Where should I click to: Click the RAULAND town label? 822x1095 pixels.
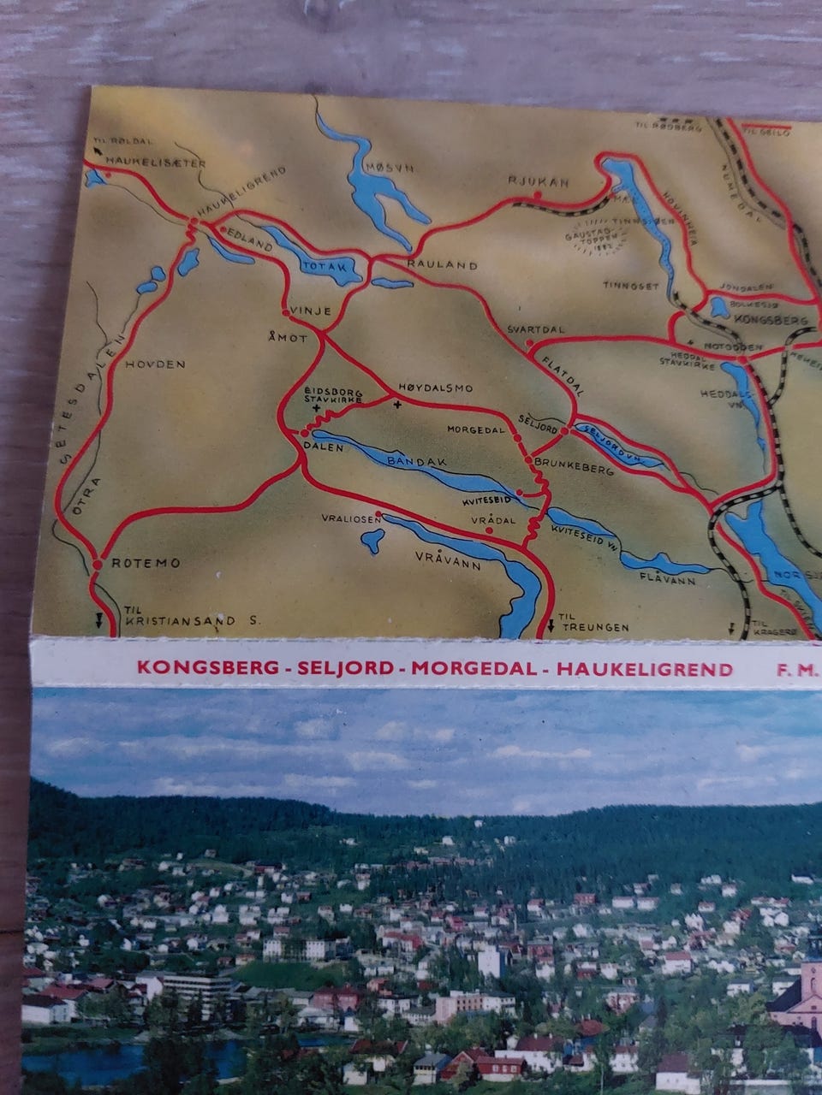click(x=442, y=265)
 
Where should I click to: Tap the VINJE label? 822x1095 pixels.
click(x=311, y=311)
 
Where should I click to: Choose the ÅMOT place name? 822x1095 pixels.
click(x=287, y=337)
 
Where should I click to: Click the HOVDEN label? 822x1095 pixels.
click(x=156, y=364)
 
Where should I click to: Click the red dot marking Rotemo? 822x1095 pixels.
click(x=97, y=564)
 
